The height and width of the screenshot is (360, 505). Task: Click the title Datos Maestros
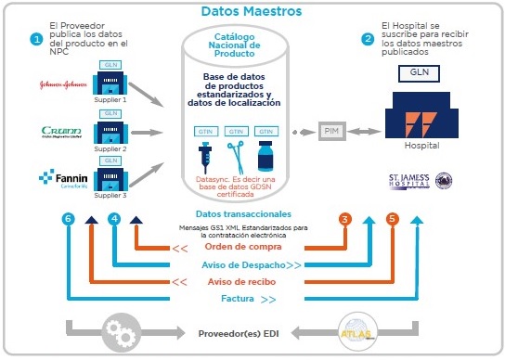point(251,12)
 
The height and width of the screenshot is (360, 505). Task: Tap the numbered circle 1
point(36,39)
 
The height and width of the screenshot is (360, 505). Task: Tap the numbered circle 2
point(368,39)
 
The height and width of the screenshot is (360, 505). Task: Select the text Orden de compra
point(227,247)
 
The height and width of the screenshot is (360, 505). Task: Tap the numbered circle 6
point(66,219)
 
